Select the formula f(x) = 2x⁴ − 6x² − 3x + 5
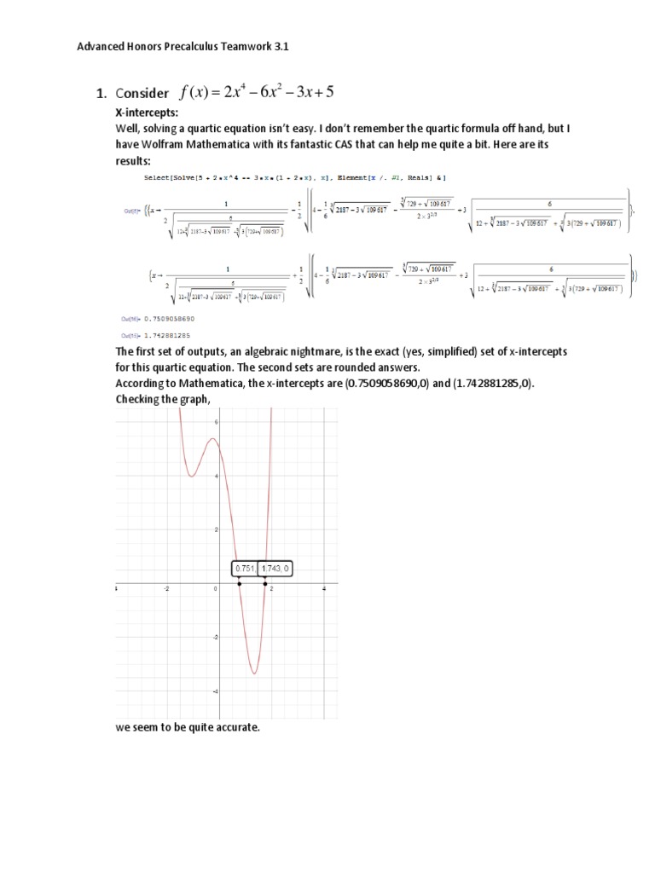257,92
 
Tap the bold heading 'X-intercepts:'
147,113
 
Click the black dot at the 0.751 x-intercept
240,584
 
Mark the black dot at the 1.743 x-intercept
265,584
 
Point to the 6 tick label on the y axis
217,423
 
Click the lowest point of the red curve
253,674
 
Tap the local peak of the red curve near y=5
214,440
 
